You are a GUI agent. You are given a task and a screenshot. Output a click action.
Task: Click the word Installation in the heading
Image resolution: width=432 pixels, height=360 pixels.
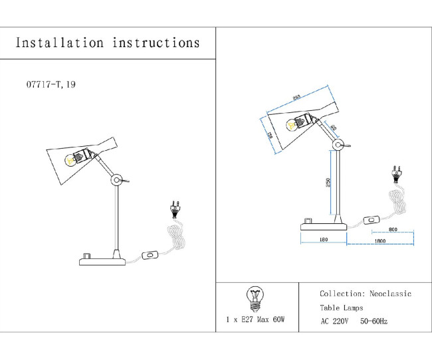pos(59,43)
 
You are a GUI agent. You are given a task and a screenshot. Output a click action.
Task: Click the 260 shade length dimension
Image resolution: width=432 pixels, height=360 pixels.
pos(296,98)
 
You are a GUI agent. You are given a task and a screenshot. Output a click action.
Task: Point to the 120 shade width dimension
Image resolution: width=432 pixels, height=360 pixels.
pos(270,135)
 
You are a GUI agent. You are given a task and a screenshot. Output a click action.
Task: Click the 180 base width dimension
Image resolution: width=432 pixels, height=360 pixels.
pos(323,240)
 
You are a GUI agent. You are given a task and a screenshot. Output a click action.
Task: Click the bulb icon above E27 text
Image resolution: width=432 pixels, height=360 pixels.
pos(255,298)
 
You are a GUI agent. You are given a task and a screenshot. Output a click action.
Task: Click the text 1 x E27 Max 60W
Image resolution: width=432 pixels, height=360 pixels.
pos(255,319)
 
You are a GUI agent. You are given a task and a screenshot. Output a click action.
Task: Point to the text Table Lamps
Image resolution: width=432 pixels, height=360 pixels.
pos(341,308)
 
